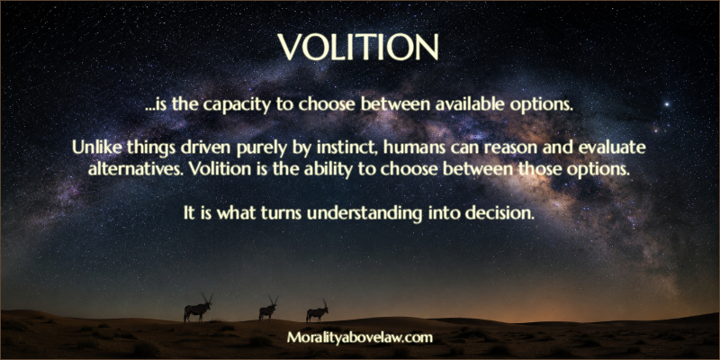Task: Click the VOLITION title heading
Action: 358,47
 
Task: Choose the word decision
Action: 500,213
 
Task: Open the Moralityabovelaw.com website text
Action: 360,338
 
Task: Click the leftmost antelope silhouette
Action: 198,309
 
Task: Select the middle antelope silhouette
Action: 268,309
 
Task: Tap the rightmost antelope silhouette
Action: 318,310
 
